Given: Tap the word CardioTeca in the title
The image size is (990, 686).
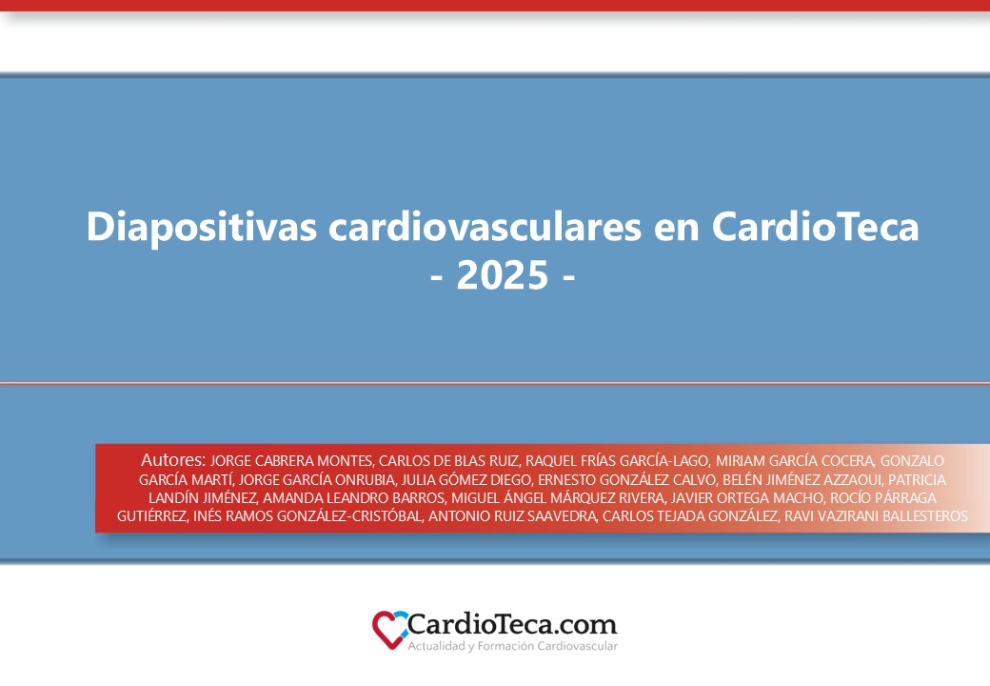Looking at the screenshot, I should point(815,227).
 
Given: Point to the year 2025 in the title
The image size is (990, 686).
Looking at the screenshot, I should point(503,275).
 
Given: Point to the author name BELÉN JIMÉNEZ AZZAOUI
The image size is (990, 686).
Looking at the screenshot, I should point(802,479).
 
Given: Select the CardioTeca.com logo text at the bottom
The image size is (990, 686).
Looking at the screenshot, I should point(512,625).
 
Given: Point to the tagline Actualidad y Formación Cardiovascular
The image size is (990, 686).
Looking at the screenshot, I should point(512,647).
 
